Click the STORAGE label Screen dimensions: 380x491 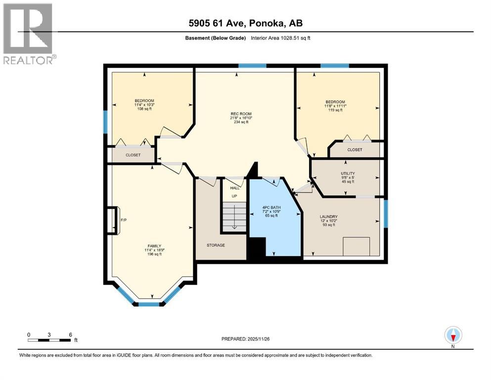click(x=216, y=245)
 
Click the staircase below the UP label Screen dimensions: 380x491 click(x=233, y=217)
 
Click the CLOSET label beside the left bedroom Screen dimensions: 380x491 click(x=133, y=155)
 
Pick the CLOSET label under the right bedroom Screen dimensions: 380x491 click(x=354, y=149)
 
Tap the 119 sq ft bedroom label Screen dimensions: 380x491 click(x=335, y=106)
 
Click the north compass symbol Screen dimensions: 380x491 click(x=453, y=335)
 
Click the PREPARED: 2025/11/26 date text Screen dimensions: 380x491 click(x=246, y=339)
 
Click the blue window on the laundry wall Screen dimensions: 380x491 click(x=386, y=216)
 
